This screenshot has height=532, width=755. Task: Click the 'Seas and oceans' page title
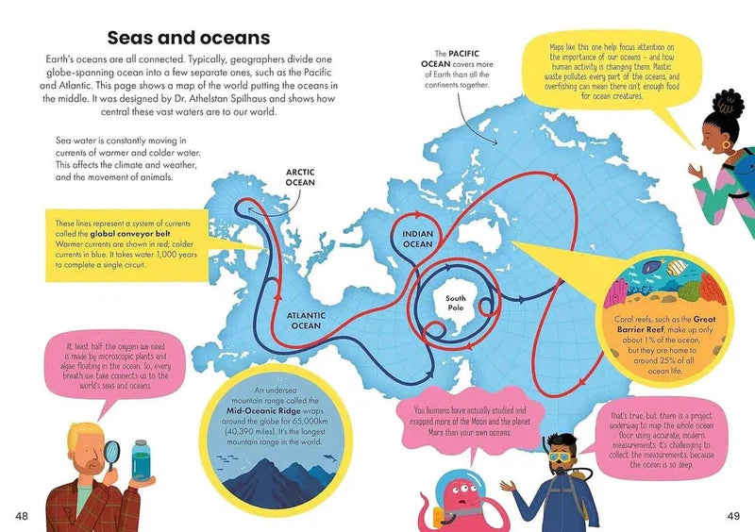point(189,38)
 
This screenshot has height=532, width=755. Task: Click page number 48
point(23,514)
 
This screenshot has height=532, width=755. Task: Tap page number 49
point(732,514)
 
